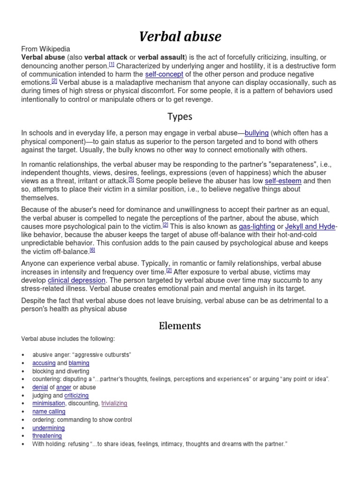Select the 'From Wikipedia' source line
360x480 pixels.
[45, 49]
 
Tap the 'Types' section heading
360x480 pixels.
[180, 116]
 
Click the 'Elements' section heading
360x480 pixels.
[180, 325]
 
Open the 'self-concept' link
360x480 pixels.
[164, 75]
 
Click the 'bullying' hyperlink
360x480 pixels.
[256, 133]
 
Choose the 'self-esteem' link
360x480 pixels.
[282, 180]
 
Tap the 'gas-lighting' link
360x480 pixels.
[257, 226]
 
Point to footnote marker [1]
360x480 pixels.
[112, 65]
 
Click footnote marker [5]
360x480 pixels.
[132, 179]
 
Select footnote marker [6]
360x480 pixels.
[92, 250]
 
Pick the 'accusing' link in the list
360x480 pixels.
[44, 363]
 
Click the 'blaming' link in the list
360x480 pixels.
[79, 363]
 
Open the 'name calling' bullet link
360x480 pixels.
[49, 412]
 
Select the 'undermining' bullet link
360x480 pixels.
[48, 428]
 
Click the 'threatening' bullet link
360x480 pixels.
[47, 436]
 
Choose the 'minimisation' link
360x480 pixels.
[49, 403]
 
